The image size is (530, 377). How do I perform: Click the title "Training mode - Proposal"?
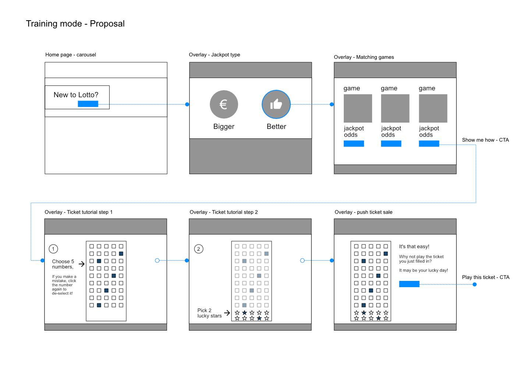tap(75, 24)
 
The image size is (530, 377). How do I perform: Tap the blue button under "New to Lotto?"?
tap(88, 104)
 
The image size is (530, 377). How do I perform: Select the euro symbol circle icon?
tap(224, 104)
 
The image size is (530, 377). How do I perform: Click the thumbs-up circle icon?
tap(276, 104)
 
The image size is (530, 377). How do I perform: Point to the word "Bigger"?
tap(224, 126)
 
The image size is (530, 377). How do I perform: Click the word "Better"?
tap(276, 126)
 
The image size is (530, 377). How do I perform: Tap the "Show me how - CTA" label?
tap(485, 140)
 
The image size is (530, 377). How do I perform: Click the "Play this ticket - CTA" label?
tap(486, 277)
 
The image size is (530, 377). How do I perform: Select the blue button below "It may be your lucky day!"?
tap(409, 284)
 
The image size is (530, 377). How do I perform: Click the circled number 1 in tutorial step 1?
tap(53, 249)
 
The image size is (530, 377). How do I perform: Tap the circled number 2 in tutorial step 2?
tap(198, 249)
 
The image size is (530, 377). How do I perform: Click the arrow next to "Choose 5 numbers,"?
tap(82, 264)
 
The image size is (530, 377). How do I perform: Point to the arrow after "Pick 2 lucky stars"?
tap(227, 313)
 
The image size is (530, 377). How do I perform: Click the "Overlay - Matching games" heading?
tap(364, 57)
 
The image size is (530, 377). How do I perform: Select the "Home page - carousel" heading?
tap(71, 54)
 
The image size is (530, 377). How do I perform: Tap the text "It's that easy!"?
tap(414, 246)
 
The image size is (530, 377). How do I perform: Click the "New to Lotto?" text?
tap(76, 95)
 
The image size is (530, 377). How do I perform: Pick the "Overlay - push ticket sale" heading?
tap(363, 212)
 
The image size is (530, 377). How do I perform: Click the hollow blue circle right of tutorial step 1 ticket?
tap(157, 260)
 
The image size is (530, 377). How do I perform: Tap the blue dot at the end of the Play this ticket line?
tap(474, 284)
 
